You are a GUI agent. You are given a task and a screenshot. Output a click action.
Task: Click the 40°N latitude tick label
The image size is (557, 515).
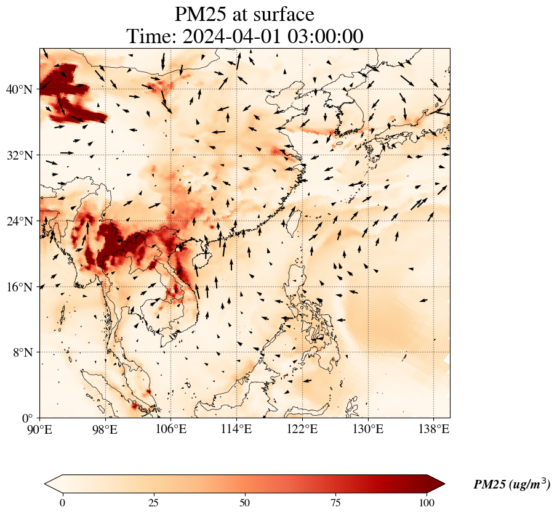click(20, 90)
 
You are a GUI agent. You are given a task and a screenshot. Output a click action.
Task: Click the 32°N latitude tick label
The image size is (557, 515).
click(20, 155)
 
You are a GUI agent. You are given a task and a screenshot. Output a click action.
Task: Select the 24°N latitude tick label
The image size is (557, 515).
click(20, 221)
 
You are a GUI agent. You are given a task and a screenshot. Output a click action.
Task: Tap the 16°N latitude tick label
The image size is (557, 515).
click(20, 287)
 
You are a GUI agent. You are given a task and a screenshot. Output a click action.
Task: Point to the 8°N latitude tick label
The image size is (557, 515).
click(23, 352)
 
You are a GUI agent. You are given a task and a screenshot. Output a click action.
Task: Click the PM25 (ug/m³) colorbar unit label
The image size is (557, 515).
click(511, 485)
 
